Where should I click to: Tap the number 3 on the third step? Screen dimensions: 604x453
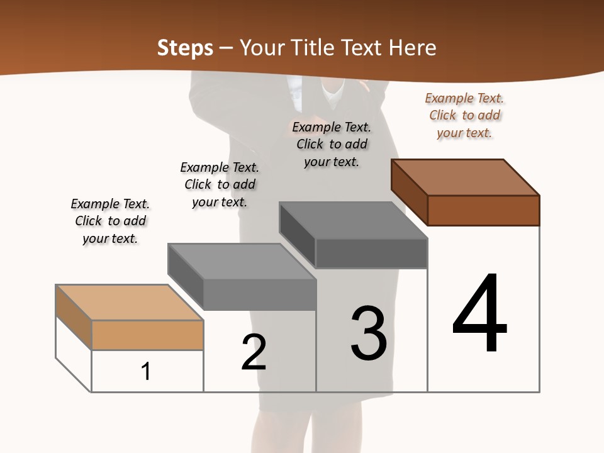click(369, 333)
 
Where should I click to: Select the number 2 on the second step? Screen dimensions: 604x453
click(254, 352)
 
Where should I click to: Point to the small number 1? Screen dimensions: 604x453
click(145, 371)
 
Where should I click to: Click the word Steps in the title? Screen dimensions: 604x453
click(185, 48)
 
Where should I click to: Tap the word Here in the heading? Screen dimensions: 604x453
click(413, 48)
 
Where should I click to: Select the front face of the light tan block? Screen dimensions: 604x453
click(147, 335)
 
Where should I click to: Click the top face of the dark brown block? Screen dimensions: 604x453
click(466, 177)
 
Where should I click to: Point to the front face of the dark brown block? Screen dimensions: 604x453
click(483, 210)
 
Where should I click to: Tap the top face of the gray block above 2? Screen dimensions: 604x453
click(242, 260)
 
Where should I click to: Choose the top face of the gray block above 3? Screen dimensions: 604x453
click(354, 220)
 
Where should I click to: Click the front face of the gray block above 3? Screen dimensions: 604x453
click(371, 253)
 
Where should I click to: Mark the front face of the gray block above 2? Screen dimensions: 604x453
click(259, 294)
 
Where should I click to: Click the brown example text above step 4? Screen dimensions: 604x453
click(464, 115)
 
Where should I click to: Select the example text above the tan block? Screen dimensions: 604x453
click(110, 221)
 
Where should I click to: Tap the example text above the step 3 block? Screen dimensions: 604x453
click(332, 144)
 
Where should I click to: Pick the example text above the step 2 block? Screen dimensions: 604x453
click(220, 184)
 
